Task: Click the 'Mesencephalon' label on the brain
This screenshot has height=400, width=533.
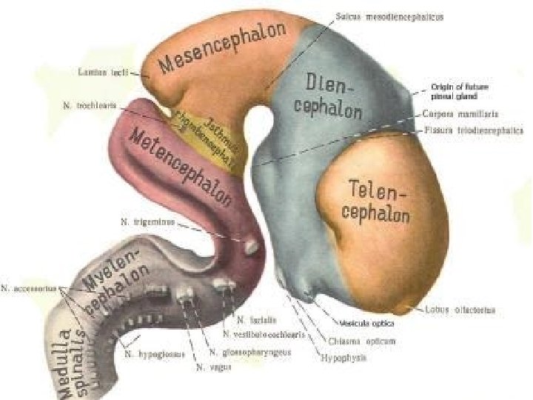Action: pos(222,52)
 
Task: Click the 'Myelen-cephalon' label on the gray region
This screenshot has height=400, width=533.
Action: pos(118,281)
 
